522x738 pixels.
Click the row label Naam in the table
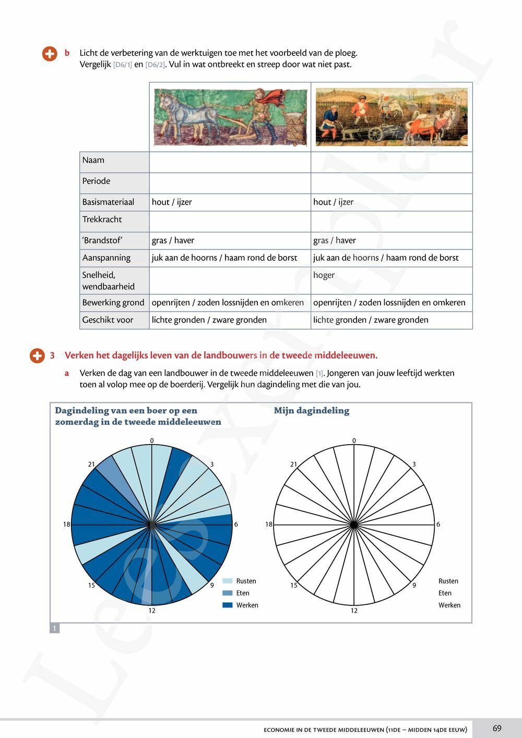(93, 160)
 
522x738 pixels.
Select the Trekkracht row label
(102, 219)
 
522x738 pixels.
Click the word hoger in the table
(324, 275)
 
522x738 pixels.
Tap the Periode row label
(96, 181)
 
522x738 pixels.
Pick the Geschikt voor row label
(108, 320)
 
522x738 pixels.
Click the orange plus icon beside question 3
(37, 356)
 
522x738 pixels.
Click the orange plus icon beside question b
(50, 54)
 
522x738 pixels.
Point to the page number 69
(496, 728)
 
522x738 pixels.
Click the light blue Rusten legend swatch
(228, 581)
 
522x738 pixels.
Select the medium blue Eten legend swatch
(228, 593)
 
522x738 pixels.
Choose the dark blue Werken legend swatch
(228, 605)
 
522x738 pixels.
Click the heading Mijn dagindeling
(312, 411)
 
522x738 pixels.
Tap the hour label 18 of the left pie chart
(66, 524)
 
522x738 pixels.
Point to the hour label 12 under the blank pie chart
(354, 611)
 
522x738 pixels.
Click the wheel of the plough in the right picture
(375, 134)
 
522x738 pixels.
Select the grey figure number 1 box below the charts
(54, 628)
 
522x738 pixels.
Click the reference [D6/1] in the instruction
(123, 65)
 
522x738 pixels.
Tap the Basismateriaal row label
(108, 202)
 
